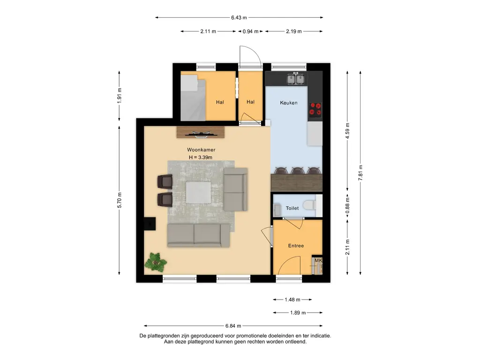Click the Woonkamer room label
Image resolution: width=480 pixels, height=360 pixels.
pyautogui.click(x=201, y=150)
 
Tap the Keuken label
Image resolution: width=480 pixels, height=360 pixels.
pyautogui.click(x=289, y=103)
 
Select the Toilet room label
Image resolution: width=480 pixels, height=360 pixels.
pyautogui.click(x=292, y=208)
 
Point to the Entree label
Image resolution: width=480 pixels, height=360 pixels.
pyautogui.click(x=296, y=246)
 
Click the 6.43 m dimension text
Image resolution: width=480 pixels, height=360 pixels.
pyautogui.click(x=239, y=17)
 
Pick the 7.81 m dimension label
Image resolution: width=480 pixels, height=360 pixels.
pyautogui.click(x=360, y=172)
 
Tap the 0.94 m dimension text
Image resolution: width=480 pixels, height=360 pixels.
pyautogui.click(x=250, y=31)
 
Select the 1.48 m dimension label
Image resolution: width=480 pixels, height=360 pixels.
pyautogui.click(x=292, y=300)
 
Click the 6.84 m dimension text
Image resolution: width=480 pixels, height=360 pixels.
pyautogui.click(x=233, y=326)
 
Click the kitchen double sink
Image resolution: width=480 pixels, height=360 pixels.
pyautogui.click(x=295, y=79)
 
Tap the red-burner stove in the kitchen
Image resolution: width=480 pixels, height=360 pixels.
pyautogui.click(x=315, y=110)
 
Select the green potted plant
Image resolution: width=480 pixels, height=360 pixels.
pyautogui.click(x=156, y=262)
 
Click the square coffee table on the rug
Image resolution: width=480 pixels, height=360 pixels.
pyautogui.click(x=198, y=193)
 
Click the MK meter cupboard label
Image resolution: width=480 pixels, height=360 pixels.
pyautogui.click(x=318, y=261)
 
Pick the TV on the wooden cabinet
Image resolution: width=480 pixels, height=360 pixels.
pyautogui.click(x=201, y=133)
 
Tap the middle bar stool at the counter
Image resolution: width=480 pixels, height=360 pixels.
pyautogui.click(x=298, y=171)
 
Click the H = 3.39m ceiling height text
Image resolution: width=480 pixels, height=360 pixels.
pyautogui.click(x=201, y=157)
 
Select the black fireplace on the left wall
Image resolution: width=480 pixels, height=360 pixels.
pyautogui.click(x=150, y=224)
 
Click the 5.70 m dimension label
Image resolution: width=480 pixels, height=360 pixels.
pyautogui.click(x=120, y=200)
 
